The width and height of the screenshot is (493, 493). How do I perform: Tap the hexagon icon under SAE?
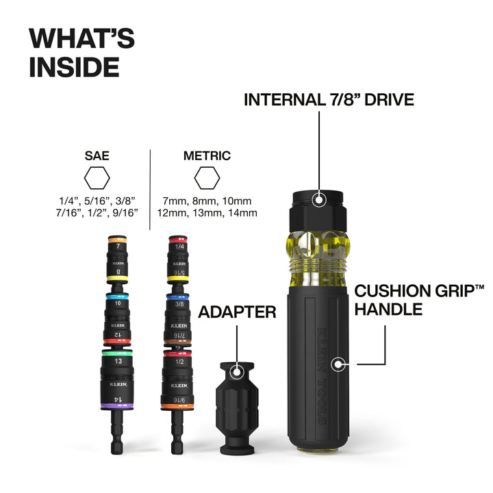[97, 179]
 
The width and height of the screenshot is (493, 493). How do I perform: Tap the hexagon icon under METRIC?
[206, 179]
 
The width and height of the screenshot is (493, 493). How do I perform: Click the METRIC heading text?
[207, 155]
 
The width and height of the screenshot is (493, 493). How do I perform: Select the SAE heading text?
[97, 155]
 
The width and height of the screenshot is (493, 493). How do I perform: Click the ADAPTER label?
[237, 313]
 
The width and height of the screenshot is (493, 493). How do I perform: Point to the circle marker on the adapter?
[237, 372]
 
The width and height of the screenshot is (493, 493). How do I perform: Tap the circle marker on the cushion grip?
[336, 364]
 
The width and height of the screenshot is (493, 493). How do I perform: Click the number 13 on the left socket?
[118, 361]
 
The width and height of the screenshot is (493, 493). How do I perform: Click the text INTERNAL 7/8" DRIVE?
[329, 100]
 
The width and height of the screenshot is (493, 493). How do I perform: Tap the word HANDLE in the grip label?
[388, 309]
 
